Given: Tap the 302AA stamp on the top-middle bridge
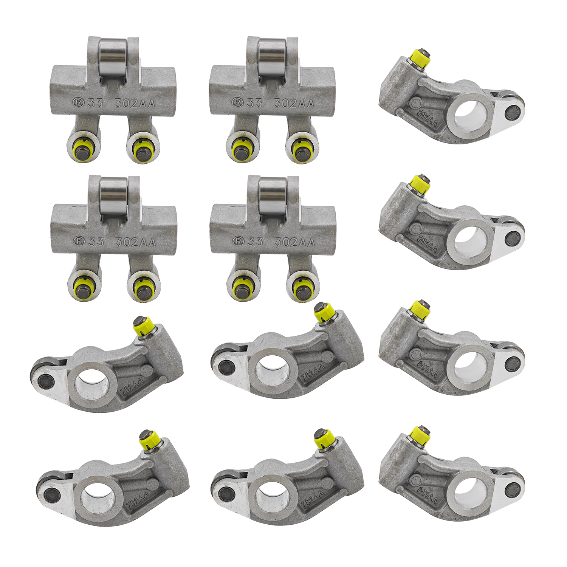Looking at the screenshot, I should pos(294,103).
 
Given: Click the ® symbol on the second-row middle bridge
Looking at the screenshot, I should pos(237,241).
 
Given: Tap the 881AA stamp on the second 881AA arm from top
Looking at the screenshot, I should pos(428,243).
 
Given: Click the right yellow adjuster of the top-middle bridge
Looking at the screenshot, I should pos(302,149).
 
